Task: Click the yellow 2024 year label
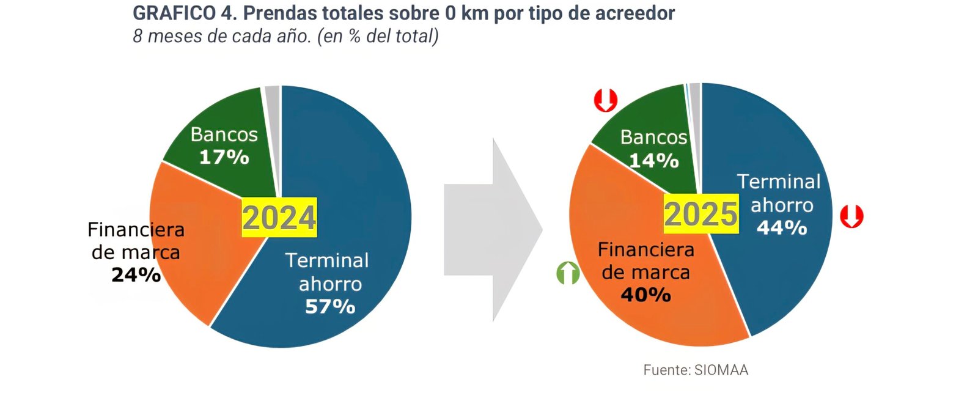(279, 218)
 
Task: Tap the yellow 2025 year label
(700, 215)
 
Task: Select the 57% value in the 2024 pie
(330, 306)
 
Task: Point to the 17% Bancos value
(224, 157)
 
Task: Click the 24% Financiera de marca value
(136, 275)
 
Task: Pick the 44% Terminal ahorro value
(782, 228)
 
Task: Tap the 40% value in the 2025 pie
(645, 295)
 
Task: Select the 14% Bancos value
(653, 161)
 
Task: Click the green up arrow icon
(568, 273)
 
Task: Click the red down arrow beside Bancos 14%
(606, 100)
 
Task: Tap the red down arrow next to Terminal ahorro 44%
(851, 216)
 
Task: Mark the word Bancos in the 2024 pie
(224, 134)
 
